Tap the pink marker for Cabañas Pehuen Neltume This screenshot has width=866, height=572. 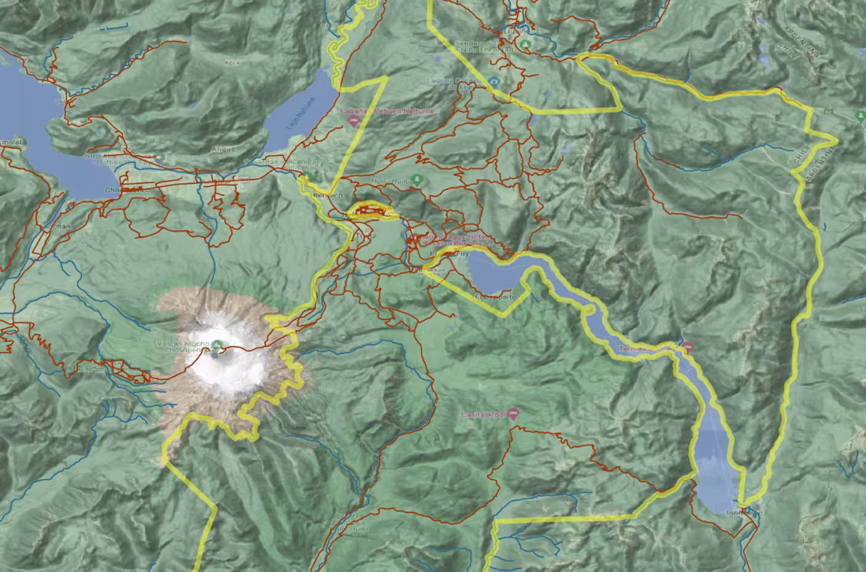click(x=352, y=122)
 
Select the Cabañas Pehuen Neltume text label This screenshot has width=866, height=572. click(x=387, y=112)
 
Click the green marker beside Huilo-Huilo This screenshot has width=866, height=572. click(x=417, y=180)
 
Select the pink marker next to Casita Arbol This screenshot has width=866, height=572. click(x=513, y=413)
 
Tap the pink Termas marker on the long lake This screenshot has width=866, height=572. click(x=687, y=347)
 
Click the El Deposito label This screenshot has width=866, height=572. click(x=495, y=297)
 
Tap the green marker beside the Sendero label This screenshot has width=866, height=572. click(x=524, y=45)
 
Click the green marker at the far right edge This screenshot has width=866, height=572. click(x=860, y=116)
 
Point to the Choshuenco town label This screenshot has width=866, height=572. click(x=124, y=190)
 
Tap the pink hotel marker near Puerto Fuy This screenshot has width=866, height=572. click(x=415, y=237)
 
